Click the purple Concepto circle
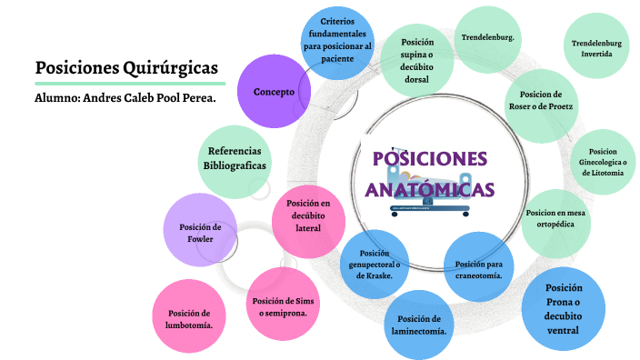click(274, 92)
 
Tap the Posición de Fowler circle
click(200, 232)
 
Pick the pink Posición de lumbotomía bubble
click(189, 317)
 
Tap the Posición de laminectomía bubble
click(419, 325)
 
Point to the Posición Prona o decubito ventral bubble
click(563, 309)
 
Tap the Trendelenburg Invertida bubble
click(597, 48)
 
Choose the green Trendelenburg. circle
click(487, 38)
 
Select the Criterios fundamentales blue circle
click(338, 40)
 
